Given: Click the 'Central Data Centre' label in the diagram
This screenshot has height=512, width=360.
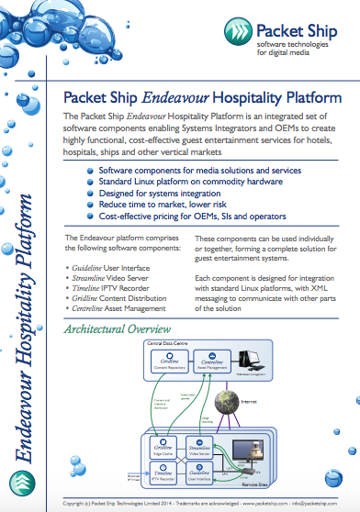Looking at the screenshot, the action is [167, 342].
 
